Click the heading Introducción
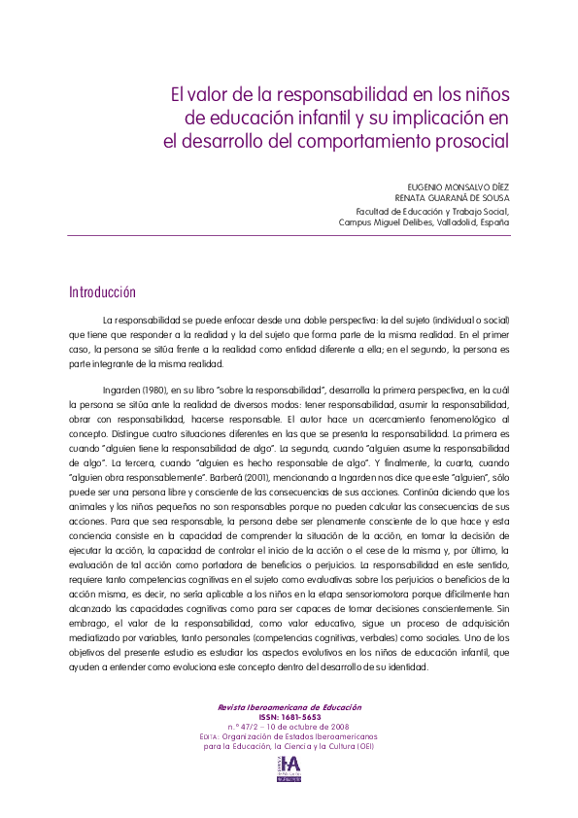tap(102, 292)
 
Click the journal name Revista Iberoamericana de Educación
tap(289, 707)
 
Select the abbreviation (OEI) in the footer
tap(365, 746)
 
